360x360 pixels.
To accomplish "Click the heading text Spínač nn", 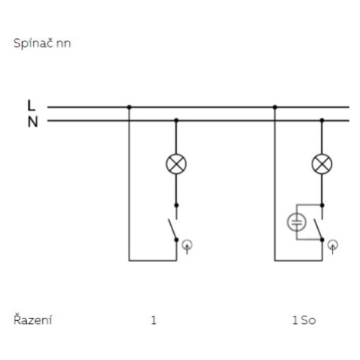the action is coord(42,43).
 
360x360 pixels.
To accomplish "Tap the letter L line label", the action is coord(31,105).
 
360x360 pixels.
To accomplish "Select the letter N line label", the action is coord(32,122).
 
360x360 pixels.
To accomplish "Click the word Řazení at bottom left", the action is coord(33,319).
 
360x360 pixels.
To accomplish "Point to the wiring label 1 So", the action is coord(304,320).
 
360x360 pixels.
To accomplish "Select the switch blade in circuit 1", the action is coord(172,229).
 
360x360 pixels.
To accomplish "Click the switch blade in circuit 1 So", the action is coord(318,229).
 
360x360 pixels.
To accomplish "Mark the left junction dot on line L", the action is coord(129,107).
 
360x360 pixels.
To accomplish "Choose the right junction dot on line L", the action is coord(275,107).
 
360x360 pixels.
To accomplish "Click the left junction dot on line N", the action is coord(176,120).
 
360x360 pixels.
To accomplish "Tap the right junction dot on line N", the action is coord(322,120).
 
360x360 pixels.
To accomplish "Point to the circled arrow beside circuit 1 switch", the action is coord(187,246).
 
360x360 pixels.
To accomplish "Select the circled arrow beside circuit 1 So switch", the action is coord(332,246).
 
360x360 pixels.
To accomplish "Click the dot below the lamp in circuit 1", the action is coord(176,205).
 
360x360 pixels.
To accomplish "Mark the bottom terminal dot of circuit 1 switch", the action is coord(176,240).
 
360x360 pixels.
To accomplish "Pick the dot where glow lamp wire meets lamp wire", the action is coord(322,205).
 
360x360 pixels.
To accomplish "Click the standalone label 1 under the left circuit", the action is coord(153,320).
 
